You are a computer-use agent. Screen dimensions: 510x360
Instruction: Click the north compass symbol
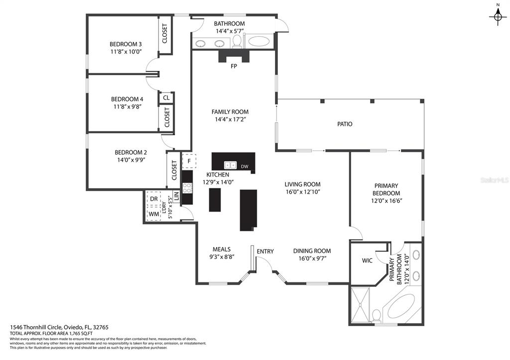click(x=498, y=17)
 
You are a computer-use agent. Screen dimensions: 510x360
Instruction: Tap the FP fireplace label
click(x=234, y=66)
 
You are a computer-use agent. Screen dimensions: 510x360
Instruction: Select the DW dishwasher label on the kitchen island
click(x=245, y=166)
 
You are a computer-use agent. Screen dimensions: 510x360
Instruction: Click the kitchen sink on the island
click(x=230, y=165)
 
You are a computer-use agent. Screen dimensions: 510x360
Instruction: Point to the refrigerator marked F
click(x=189, y=161)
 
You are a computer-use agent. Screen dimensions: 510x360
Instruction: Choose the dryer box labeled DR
click(x=154, y=199)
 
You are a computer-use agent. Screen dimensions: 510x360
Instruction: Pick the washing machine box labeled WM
click(x=154, y=214)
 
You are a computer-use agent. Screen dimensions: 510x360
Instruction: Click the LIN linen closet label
click(x=176, y=196)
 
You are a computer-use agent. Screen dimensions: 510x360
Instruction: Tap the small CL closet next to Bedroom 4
click(x=166, y=98)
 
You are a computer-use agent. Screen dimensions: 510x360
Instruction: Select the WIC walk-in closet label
click(x=367, y=260)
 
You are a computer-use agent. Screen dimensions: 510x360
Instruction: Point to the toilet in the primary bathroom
click(x=377, y=315)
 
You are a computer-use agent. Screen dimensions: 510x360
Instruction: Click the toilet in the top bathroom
click(x=237, y=41)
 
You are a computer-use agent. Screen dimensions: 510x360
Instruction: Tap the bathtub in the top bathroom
click(x=259, y=41)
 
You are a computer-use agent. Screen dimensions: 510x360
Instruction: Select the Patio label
click(x=345, y=124)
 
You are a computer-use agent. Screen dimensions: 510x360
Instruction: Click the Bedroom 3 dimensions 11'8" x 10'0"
click(x=126, y=51)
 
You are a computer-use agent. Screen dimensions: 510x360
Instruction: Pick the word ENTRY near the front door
click(x=265, y=251)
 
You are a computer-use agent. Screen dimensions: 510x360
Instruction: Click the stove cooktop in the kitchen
click(x=187, y=188)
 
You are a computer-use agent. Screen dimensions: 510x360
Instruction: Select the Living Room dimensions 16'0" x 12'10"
click(x=303, y=192)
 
